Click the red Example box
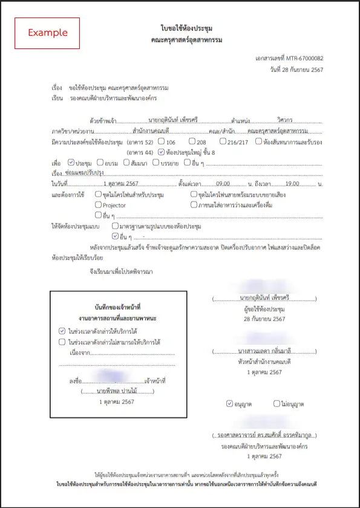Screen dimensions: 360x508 pyautogui.click(x=47, y=33)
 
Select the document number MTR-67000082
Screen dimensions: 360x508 pyautogui.click(x=304, y=58)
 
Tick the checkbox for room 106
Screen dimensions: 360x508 pyautogui.click(x=161, y=142)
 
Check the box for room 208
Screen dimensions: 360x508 pyautogui.click(x=192, y=142)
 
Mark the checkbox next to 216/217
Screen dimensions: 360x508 pyautogui.click(x=223, y=142)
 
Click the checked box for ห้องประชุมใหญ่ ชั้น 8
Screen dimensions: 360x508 pyautogui.click(x=161, y=152)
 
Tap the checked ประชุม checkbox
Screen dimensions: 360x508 pyautogui.click(x=71, y=163)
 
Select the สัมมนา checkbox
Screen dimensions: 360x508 pyautogui.click(x=126, y=163)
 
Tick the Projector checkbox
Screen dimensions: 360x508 pyautogui.click(x=98, y=205)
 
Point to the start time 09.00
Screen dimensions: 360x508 pyautogui.click(x=223, y=183)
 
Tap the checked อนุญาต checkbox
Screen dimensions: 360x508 pyautogui.click(x=229, y=403)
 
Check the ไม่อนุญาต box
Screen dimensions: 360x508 pyautogui.click(x=277, y=403)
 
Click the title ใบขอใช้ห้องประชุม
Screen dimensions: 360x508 pyautogui.click(x=186, y=28)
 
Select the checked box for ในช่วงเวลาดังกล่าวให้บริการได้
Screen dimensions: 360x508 pyautogui.click(x=62, y=331)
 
